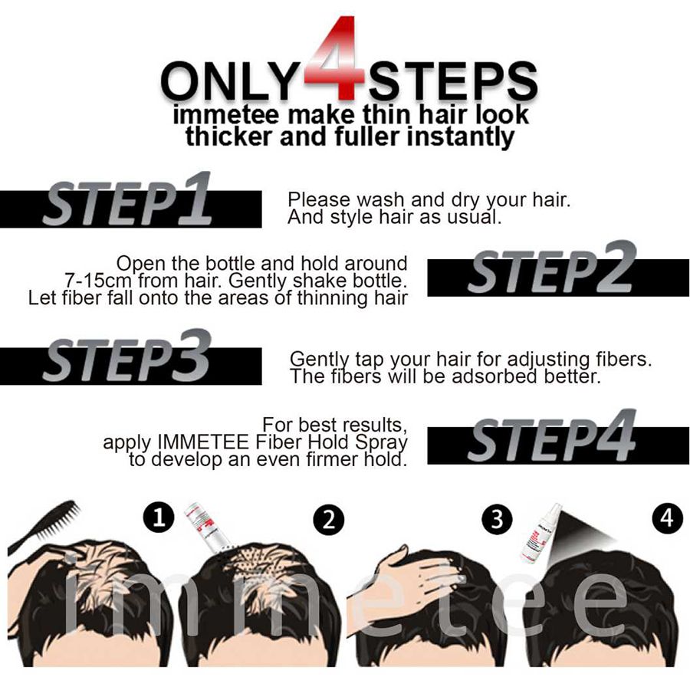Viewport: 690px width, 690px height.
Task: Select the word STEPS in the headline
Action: coord(453,81)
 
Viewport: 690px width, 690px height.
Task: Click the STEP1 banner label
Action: coord(127,200)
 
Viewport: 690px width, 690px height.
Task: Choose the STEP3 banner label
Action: coord(127,356)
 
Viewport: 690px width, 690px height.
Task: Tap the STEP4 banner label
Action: coord(551,435)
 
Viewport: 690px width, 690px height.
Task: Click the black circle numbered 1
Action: coord(159,517)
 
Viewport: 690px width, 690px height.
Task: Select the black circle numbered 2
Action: coord(328,519)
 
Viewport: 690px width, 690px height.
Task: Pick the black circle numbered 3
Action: coord(497,519)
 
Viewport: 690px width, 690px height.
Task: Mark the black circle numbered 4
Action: coord(667,518)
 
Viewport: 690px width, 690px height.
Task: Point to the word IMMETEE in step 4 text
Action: coord(204,442)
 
